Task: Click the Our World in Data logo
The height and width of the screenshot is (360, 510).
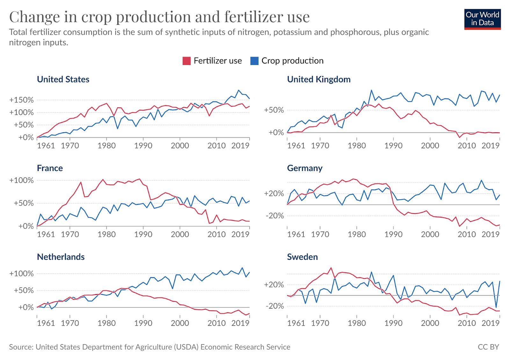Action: [x=482, y=19]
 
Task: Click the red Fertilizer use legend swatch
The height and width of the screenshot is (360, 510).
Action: [x=186, y=61]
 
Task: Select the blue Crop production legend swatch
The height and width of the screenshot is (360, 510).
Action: [x=254, y=61]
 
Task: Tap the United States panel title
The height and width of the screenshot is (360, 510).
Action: [x=63, y=79]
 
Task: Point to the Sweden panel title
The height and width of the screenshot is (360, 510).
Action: [x=302, y=257]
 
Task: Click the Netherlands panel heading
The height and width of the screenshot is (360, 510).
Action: [x=61, y=257]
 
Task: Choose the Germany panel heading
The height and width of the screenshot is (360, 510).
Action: [x=304, y=168]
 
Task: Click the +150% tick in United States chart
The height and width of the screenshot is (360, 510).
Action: [x=21, y=100]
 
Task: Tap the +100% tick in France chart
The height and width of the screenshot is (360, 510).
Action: [x=21, y=180]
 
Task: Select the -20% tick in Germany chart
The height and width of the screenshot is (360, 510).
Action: [x=274, y=216]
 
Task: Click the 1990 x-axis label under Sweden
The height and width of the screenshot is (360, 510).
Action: [x=393, y=323]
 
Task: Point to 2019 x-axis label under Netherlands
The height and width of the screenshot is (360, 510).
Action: [x=240, y=323]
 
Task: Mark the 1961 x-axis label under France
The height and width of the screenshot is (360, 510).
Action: [x=46, y=234]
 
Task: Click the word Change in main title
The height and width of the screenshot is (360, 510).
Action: [x=34, y=17]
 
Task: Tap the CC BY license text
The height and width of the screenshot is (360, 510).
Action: [x=488, y=347]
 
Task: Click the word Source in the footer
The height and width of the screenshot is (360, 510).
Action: [x=21, y=347]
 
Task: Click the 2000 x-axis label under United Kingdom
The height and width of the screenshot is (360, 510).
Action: [x=430, y=146]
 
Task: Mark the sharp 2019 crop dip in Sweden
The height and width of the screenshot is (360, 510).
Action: [x=496, y=307]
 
